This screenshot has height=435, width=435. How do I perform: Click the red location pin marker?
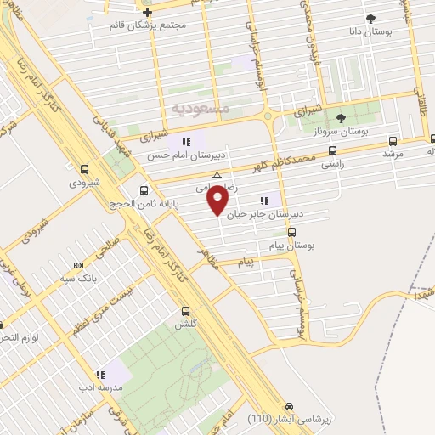click(x=218, y=201)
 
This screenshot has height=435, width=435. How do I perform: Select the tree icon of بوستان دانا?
click(x=370, y=19)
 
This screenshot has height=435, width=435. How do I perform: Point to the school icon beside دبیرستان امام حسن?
click(x=188, y=141)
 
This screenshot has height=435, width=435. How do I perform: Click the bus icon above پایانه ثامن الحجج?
click(x=144, y=191)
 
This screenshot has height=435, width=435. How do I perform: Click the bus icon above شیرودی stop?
click(x=83, y=169)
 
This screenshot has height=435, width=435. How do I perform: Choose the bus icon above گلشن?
click(x=186, y=311)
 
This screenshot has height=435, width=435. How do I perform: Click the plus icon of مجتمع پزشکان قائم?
click(x=147, y=12)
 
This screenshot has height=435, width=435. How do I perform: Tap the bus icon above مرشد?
click(x=392, y=141)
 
